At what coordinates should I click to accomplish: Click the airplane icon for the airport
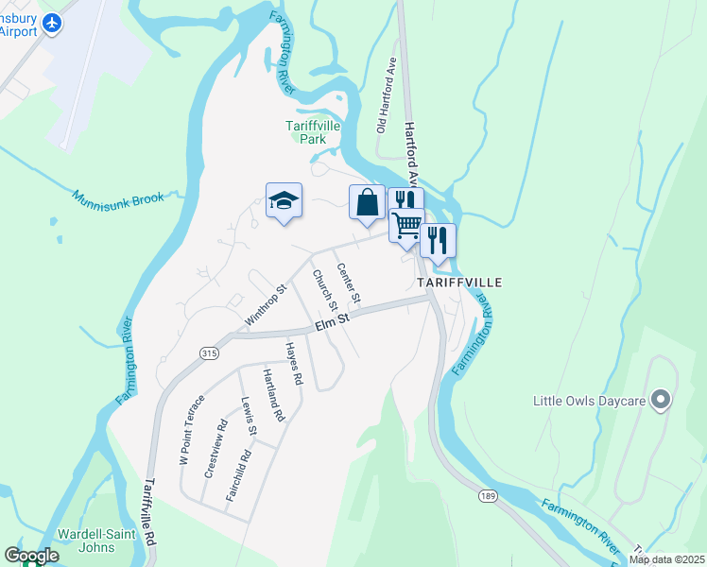(51, 22)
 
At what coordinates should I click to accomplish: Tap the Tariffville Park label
(306, 132)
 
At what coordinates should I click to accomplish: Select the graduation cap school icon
(284, 200)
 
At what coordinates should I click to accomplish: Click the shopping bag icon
(367, 202)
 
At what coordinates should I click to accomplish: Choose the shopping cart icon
(407, 225)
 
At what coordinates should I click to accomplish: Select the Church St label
(325, 291)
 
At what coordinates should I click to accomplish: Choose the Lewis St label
(249, 417)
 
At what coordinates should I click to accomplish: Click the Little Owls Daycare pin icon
(662, 401)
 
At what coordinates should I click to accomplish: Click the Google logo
(31, 556)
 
